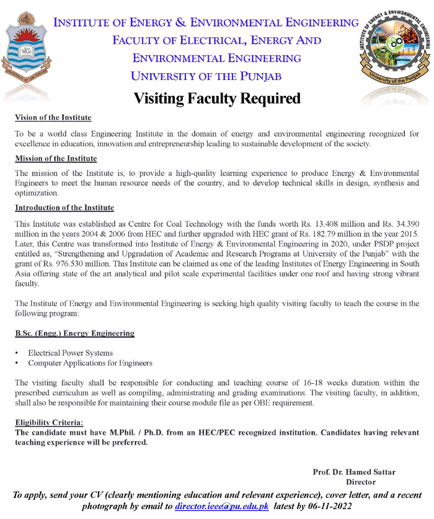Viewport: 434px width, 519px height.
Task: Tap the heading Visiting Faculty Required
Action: pos(217,99)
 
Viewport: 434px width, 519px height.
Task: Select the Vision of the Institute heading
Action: pos(53,118)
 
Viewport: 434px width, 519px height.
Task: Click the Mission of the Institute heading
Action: pos(56,159)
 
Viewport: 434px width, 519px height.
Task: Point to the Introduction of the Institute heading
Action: pos(64,207)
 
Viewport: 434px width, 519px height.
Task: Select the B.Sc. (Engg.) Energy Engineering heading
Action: pos(74,334)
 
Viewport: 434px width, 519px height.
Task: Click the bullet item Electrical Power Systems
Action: pos(70,352)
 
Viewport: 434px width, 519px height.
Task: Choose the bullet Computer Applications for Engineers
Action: pos(90,363)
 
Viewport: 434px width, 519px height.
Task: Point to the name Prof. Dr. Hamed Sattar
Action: pos(354,472)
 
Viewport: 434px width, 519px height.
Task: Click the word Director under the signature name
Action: pos(361,482)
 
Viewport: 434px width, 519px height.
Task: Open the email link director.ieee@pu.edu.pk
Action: pos(221,507)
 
